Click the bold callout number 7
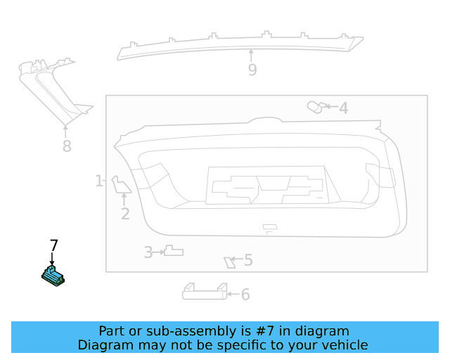[54, 245]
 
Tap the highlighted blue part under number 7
[53, 276]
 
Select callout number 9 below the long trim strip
[252, 70]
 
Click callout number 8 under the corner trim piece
[67, 146]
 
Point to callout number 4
[344, 108]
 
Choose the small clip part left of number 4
[316, 107]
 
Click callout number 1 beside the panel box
[98, 181]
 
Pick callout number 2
[125, 214]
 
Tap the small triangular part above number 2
[121, 185]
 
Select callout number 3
[148, 252]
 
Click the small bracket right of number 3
[174, 250]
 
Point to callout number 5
[248, 260]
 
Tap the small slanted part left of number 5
[229, 263]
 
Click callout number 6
[245, 295]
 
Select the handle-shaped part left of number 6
[205, 292]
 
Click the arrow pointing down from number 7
[52, 258]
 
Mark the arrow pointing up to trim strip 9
[251, 56]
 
